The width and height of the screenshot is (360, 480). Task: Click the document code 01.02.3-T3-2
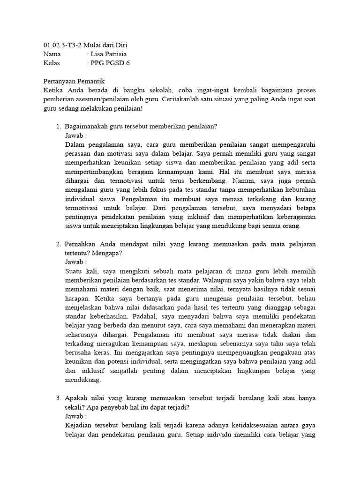(63, 45)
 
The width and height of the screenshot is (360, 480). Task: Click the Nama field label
(52, 54)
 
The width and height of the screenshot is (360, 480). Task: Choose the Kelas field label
(52, 63)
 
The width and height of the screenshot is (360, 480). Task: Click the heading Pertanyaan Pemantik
(74, 81)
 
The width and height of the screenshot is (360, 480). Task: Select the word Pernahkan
(81, 244)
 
